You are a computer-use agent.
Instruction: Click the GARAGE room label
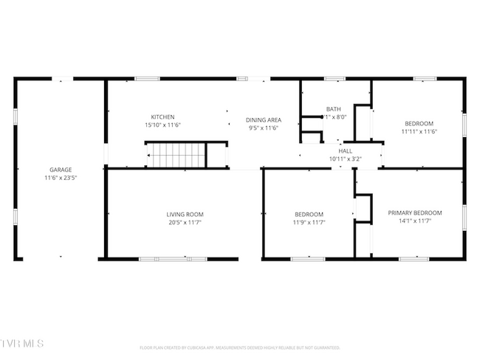pos(61,170)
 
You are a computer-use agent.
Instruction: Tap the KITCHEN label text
pos(162,117)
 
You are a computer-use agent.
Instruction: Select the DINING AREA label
pos(264,120)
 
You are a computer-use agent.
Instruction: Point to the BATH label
pos(334,108)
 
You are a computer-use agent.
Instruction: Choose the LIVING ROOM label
pos(185,214)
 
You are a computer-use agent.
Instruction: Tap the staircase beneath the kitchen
pos(176,155)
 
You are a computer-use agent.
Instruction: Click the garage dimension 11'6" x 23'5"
pos(61,178)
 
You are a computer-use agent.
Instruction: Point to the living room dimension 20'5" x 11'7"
pos(185,222)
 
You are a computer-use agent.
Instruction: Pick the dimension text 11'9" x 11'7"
pos(309,222)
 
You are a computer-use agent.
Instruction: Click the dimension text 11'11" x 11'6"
pos(419,131)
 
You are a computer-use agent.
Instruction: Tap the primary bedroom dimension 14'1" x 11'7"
pos(414,220)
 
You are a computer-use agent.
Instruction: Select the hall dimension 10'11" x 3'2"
pos(345,159)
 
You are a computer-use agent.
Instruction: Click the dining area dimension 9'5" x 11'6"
pos(264,128)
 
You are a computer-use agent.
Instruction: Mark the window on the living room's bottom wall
pos(174,258)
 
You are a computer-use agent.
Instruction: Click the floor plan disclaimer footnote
pos(240,347)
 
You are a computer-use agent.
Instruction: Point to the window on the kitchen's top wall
pos(148,78)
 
